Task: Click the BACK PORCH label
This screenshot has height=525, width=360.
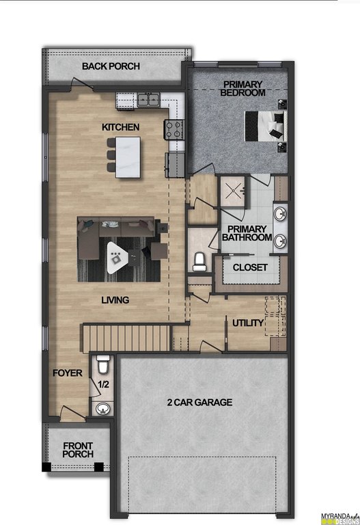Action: tap(111, 66)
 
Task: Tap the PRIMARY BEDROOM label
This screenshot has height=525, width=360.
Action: tap(243, 88)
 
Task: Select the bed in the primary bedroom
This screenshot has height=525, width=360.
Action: tap(266, 126)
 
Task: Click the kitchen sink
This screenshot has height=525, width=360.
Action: tap(148, 99)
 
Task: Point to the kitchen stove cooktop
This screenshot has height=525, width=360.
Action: tap(174, 130)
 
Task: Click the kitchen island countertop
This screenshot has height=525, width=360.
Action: tap(128, 157)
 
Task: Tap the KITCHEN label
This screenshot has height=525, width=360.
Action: tap(120, 127)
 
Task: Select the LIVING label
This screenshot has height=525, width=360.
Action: tap(115, 300)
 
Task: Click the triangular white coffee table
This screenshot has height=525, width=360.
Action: tap(117, 257)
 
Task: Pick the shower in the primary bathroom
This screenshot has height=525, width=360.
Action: tap(233, 191)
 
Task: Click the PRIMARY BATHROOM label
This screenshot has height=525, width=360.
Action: tap(247, 233)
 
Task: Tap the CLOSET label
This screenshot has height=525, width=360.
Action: tap(250, 267)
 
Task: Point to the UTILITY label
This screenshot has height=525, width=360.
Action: tap(248, 323)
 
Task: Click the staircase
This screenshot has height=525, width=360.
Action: tap(126, 338)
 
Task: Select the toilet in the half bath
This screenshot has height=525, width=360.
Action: tap(102, 364)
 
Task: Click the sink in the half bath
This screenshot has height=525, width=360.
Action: tap(102, 409)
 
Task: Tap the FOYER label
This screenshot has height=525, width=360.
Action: tap(67, 373)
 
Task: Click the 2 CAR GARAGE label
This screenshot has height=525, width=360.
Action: tap(199, 402)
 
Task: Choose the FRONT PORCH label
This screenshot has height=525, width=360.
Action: tap(78, 450)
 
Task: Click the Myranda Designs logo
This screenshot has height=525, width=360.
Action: tap(340, 518)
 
